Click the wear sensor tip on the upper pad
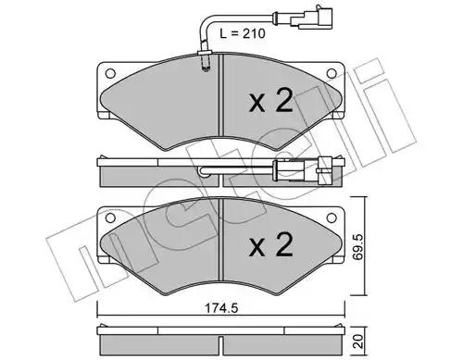pos(207,65)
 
